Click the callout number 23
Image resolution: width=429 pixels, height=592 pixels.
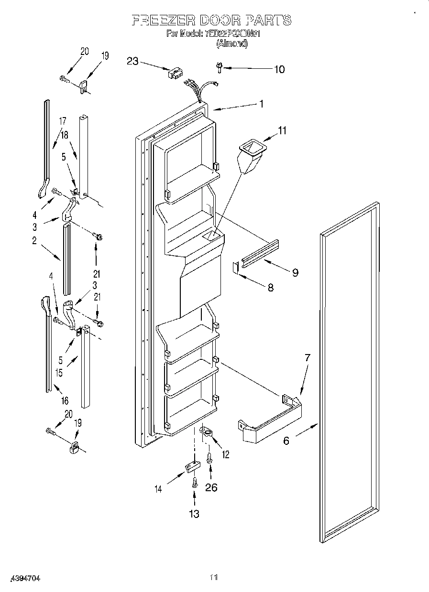(132, 61)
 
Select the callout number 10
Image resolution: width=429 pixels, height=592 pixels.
(279, 69)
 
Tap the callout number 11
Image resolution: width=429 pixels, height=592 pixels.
(283, 130)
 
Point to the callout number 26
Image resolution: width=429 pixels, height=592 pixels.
(211, 487)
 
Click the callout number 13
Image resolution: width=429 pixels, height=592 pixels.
(194, 514)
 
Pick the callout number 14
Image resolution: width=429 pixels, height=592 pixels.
(158, 488)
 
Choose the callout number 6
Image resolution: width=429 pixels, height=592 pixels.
(286, 441)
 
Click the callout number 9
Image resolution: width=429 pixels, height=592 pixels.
(295, 272)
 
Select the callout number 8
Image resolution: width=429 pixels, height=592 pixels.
(271, 288)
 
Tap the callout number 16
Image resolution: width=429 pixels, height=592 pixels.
(65, 400)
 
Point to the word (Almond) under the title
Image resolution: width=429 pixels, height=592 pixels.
(232, 43)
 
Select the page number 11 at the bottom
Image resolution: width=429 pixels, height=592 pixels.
(214, 577)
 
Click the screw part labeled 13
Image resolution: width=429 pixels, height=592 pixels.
(194, 482)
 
